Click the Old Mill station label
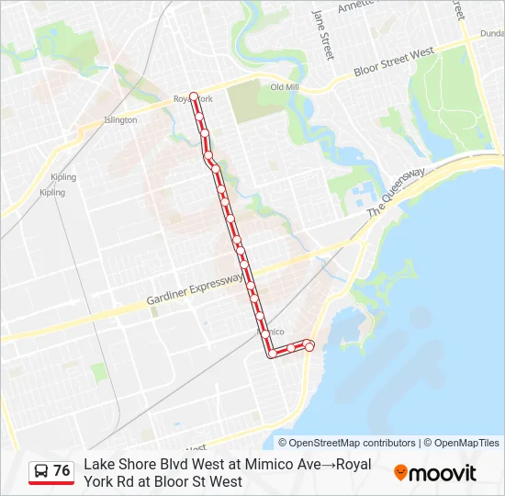click(285, 87)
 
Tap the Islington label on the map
click(120, 119)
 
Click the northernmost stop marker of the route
click(194, 95)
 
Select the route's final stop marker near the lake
click(309, 346)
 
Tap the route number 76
click(62, 471)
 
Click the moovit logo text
click(443, 473)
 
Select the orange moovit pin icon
click(400, 473)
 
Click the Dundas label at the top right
click(491, 33)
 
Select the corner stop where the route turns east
click(272, 353)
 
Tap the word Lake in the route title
click(99, 465)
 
